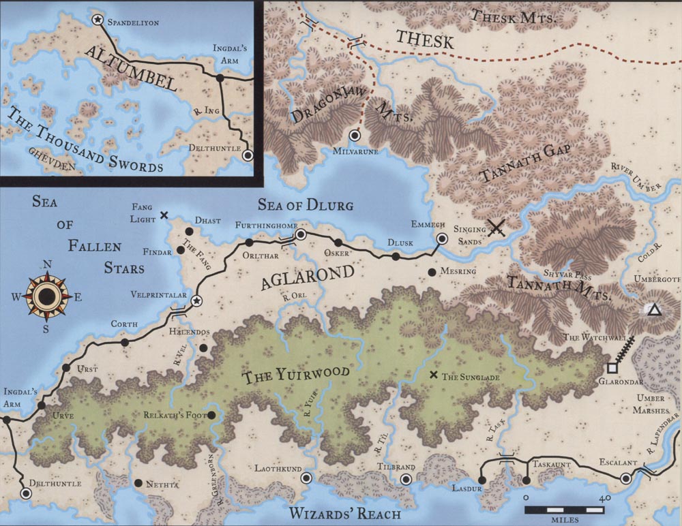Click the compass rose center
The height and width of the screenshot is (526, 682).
46,297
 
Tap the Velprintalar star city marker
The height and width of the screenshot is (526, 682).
196,300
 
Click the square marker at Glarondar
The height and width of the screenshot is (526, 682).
612,368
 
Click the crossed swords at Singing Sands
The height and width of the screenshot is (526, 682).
496,228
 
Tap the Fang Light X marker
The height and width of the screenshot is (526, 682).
164,215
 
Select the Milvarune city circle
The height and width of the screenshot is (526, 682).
354,136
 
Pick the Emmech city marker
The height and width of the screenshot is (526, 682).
442,238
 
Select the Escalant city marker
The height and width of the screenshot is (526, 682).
626,479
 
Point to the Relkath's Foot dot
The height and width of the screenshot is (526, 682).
211,414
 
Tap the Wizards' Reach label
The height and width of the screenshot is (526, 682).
344,513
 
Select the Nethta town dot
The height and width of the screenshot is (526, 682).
138,484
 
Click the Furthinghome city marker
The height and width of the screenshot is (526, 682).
301,235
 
